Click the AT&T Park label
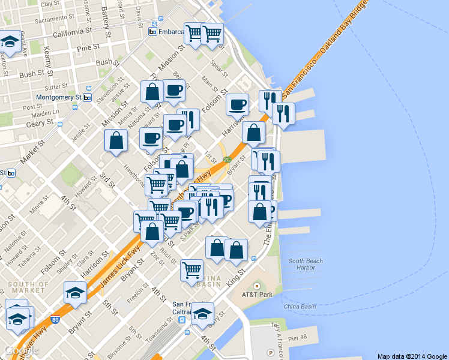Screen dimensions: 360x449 pos(257,295)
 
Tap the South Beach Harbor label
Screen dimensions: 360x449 pos(306,264)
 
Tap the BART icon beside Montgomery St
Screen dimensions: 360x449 pos(87,97)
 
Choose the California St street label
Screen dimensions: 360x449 pos(72,32)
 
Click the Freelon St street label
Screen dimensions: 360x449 pos(137,299)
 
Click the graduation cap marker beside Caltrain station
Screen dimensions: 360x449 pos(203,314)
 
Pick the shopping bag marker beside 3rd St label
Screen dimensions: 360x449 pos(116,142)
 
